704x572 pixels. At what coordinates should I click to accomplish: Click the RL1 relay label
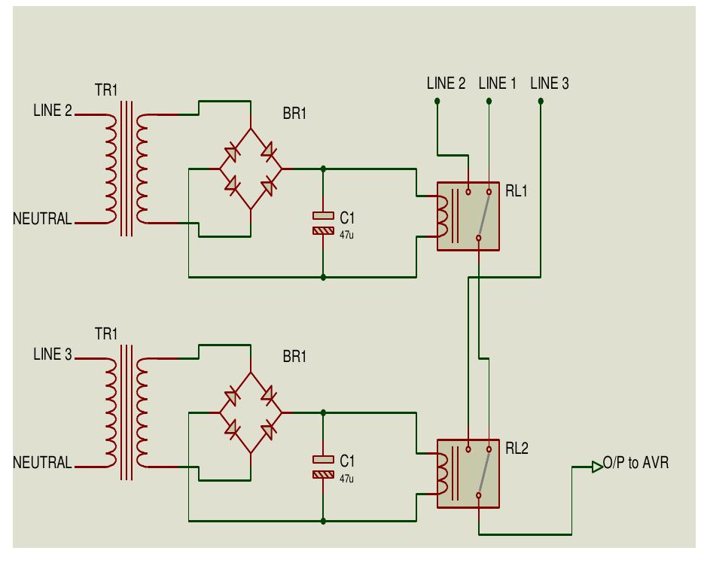pos(517,191)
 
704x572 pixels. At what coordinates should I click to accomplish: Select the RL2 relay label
pos(517,449)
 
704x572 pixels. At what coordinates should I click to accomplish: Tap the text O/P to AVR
pos(636,463)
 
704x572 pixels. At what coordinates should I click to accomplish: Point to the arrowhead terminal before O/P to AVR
pos(597,467)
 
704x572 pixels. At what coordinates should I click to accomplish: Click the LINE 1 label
pos(498,84)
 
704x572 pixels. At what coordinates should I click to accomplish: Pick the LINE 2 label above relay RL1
pos(446,84)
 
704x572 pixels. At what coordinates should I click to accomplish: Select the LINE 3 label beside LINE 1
pos(550,84)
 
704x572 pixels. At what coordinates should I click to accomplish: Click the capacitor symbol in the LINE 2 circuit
pos(323,224)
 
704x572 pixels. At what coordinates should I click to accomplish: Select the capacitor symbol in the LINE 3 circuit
pos(323,467)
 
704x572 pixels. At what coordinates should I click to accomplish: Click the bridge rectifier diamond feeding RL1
pos(250,169)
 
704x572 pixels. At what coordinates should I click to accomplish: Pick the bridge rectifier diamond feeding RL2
pos(250,412)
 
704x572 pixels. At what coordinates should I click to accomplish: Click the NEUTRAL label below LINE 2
pos(42,220)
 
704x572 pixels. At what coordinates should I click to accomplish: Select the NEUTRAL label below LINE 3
pos(42,463)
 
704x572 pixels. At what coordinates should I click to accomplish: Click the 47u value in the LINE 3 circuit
pos(346,478)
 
